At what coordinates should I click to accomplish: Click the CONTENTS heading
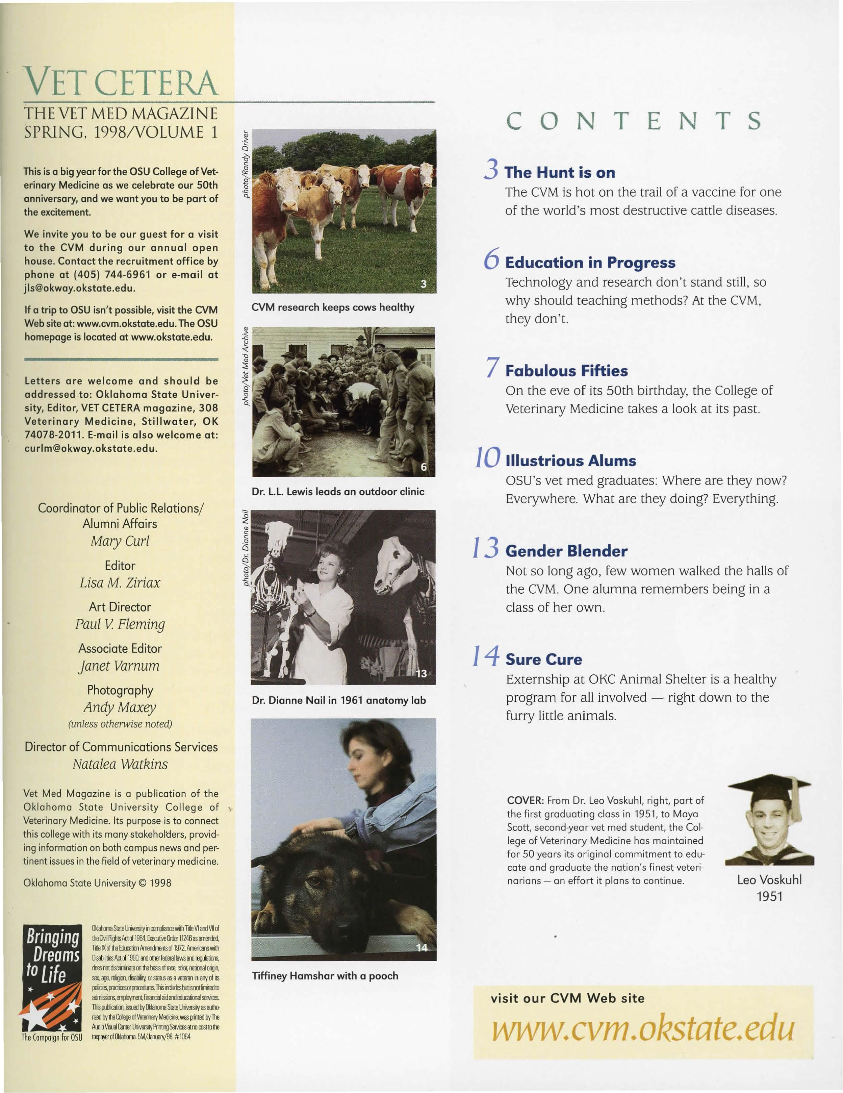point(634,121)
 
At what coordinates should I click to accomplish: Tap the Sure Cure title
point(544,659)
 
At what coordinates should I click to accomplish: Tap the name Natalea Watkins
point(120,764)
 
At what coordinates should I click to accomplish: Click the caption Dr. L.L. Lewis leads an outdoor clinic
point(338,492)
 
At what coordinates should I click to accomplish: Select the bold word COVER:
point(525,800)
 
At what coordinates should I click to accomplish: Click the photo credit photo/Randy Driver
point(246,164)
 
